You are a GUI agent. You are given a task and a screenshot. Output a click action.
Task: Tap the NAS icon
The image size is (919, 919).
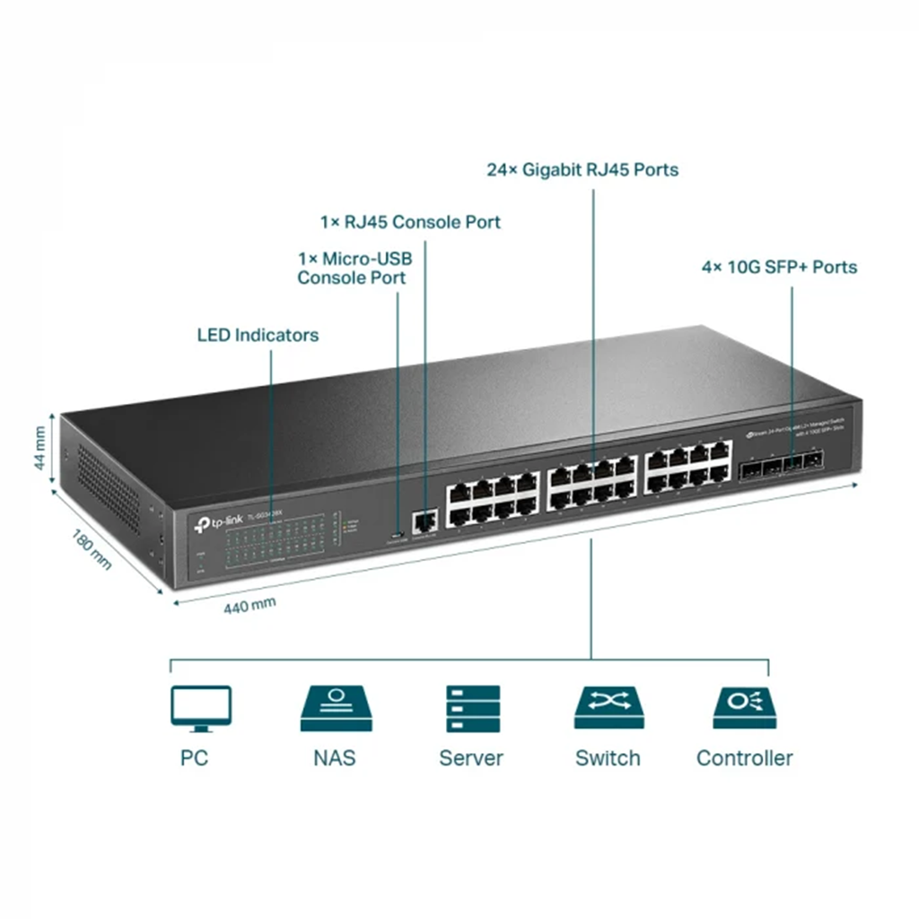pyautogui.click(x=335, y=709)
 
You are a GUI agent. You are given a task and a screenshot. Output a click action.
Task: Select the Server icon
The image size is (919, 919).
pyautogui.click(x=472, y=709)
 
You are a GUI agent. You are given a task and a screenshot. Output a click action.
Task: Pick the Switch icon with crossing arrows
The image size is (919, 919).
pyautogui.click(x=608, y=709)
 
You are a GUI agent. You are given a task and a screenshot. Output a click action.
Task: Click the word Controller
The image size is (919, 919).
pyautogui.click(x=745, y=758)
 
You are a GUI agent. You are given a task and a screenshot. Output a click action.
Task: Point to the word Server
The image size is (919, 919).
pyautogui.click(x=471, y=758)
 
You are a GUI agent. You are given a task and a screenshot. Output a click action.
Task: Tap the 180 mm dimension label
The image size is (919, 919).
pyautogui.click(x=91, y=548)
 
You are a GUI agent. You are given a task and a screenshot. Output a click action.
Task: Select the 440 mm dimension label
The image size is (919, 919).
pyautogui.click(x=249, y=606)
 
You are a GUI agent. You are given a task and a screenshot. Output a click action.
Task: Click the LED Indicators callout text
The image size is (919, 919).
pyautogui.click(x=258, y=336)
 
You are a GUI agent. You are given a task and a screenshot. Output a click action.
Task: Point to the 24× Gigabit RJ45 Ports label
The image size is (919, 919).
pyautogui.click(x=582, y=170)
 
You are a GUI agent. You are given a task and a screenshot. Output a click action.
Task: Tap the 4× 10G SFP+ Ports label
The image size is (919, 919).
pyautogui.click(x=779, y=267)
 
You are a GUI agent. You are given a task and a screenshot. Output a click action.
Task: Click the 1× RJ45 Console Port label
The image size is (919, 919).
pyautogui.click(x=410, y=222)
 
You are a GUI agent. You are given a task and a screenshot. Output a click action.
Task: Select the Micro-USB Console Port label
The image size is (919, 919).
pyautogui.click(x=354, y=268)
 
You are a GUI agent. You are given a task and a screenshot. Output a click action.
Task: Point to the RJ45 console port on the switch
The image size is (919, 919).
pyautogui.click(x=424, y=519)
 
